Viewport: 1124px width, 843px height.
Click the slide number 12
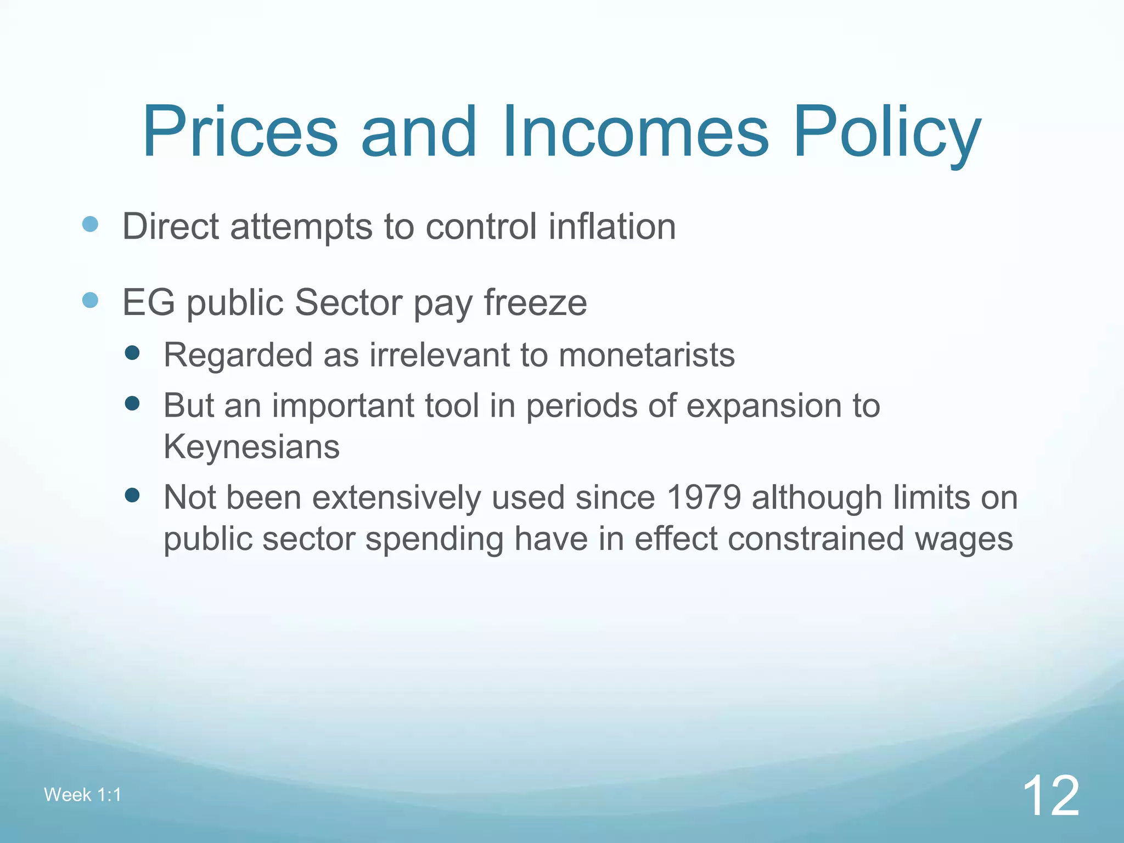coord(1050,795)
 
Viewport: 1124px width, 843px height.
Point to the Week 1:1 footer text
coord(82,795)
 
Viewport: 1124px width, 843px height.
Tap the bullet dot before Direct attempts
coord(90,224)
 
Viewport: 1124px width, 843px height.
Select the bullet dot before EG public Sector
coord(90,300)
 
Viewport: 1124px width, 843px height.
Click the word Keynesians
coord(251,446)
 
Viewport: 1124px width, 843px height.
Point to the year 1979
coord(704,497)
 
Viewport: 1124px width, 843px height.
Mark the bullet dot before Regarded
coord(132,352)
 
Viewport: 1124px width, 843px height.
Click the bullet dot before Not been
coord(132,496)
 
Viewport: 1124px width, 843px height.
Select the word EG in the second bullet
coord(148,302)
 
